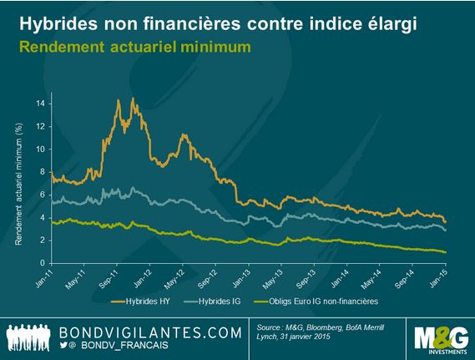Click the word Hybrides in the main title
pos(58,23)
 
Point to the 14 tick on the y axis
pos(40,104)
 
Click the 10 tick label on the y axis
pos(40,150)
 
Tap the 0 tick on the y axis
pos(43,263)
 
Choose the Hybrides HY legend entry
pos(140,302)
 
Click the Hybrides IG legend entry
pos(212,302)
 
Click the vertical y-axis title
pos(18,185)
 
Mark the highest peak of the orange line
pos(133,98)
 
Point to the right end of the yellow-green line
pos(445,252)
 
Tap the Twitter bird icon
pos(63,344)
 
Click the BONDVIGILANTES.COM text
pos(150,332)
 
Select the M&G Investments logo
pos(442,340)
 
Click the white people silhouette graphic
pos(28,337)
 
